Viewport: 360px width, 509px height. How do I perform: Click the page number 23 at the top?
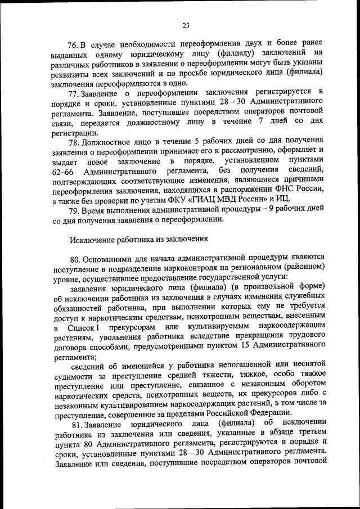pos(186,25)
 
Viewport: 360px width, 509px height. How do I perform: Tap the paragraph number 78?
pos(74,139)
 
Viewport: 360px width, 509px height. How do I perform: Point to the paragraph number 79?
pos(74,209)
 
